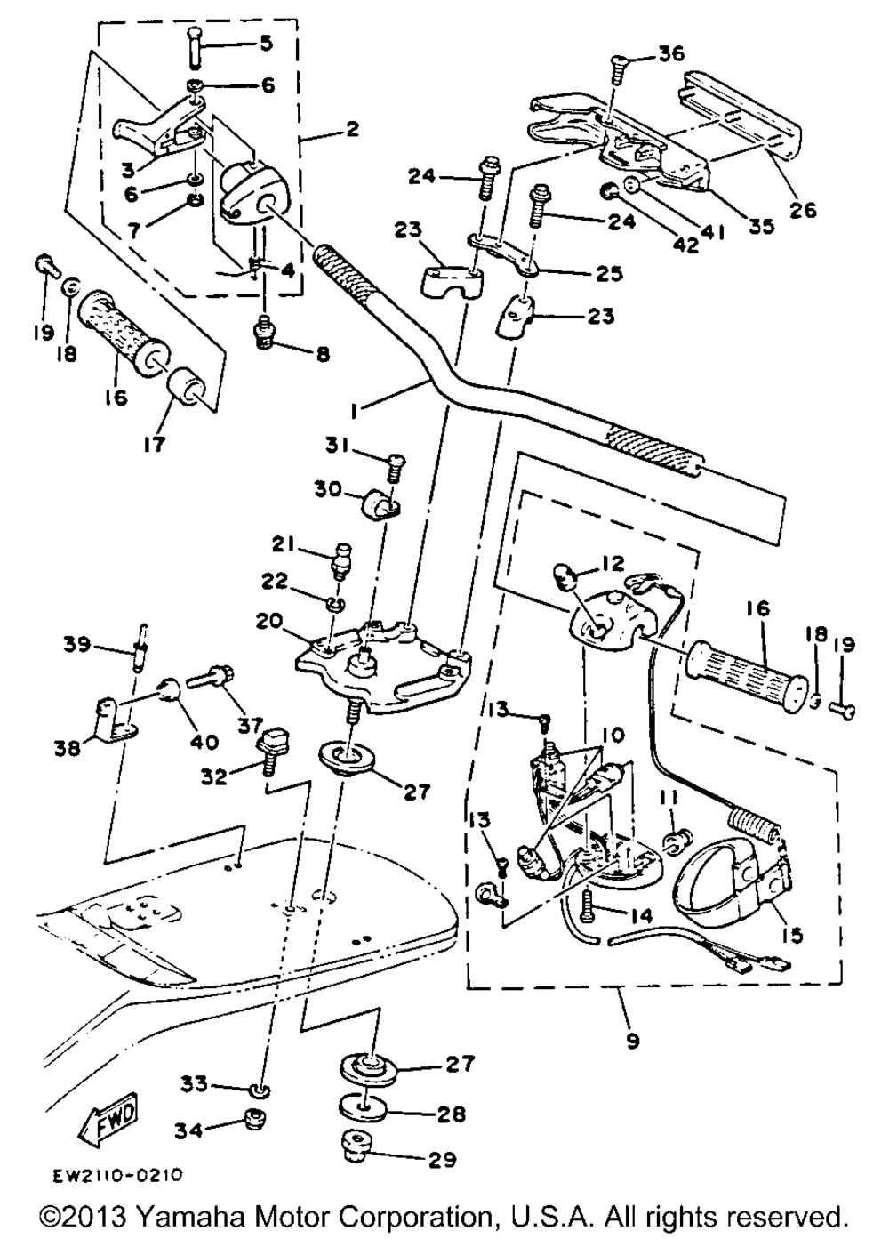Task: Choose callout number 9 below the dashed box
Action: pos(632,1038)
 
